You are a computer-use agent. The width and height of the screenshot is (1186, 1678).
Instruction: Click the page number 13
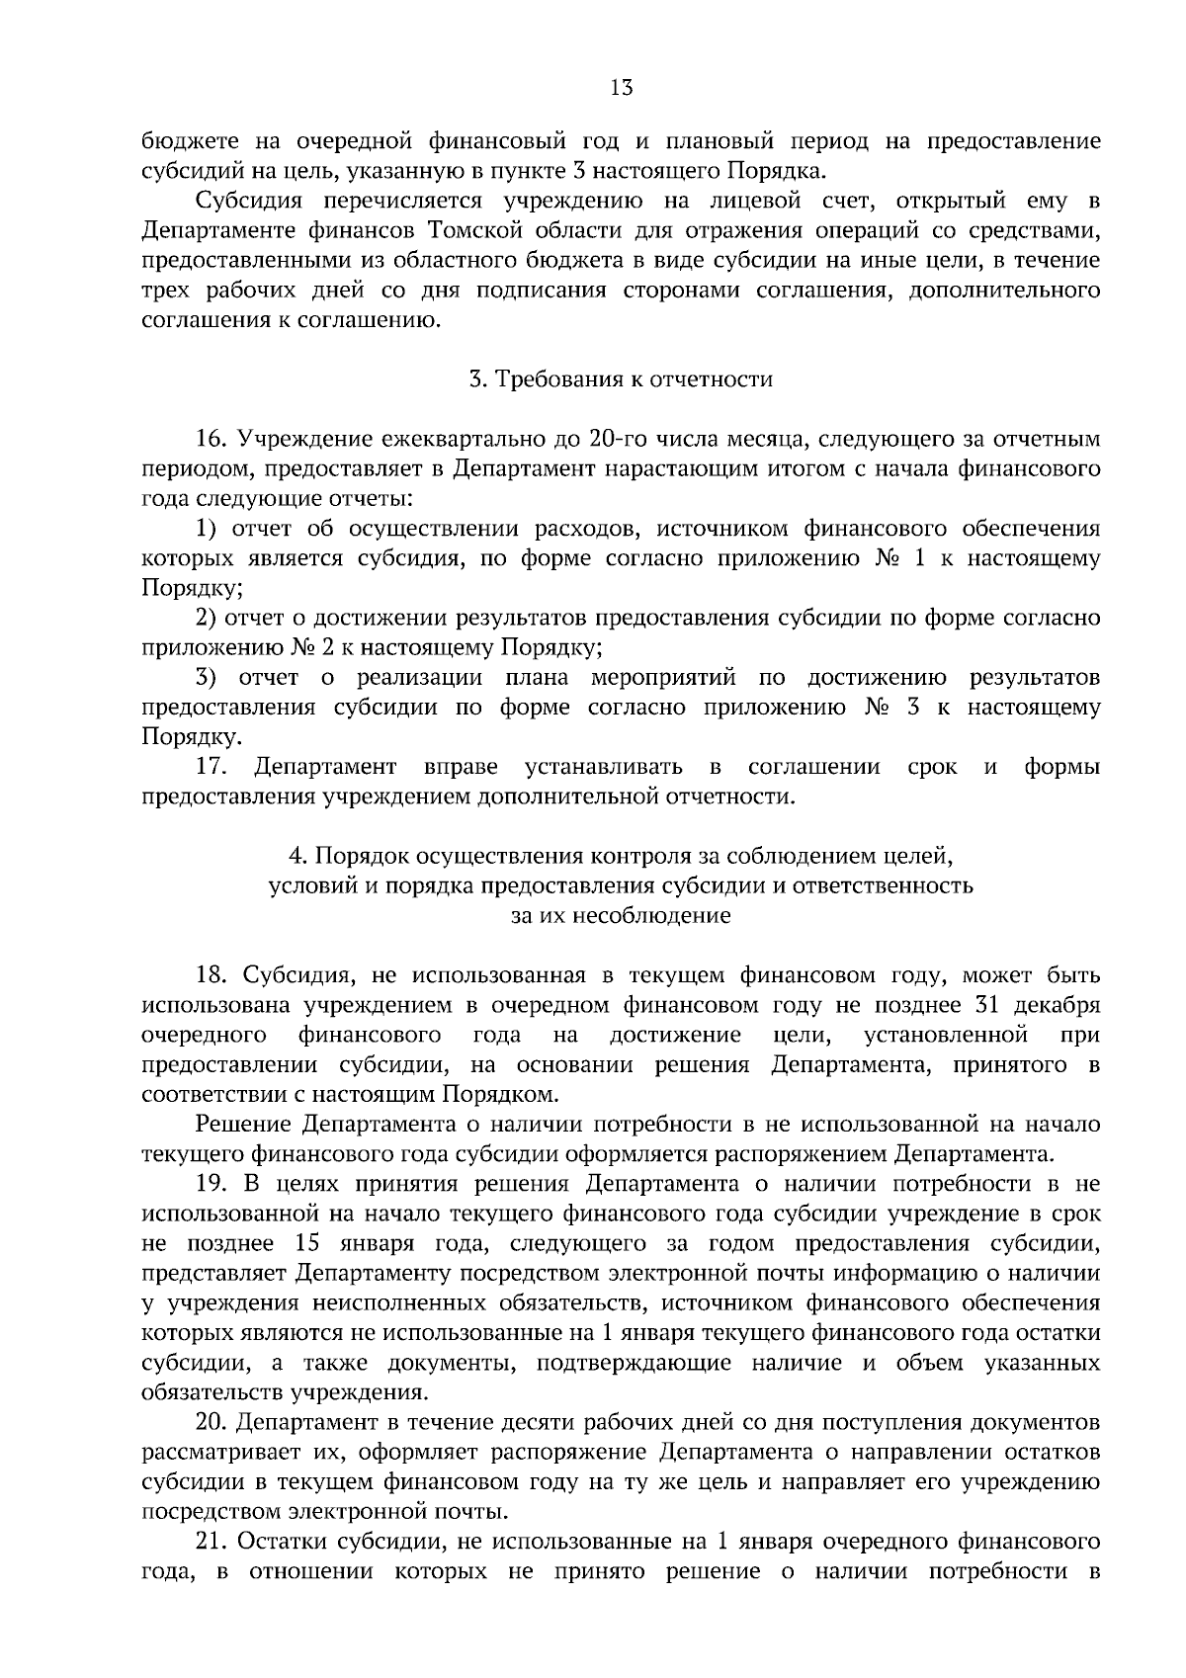pos(621,88)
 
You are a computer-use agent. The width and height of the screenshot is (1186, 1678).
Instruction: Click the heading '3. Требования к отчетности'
pos(621,379)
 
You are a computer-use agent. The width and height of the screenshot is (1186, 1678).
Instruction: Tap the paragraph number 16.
pos(212,439)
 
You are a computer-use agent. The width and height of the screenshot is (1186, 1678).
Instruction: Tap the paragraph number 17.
pos(213,767)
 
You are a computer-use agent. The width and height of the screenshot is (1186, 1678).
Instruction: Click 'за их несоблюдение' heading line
pos(621,916)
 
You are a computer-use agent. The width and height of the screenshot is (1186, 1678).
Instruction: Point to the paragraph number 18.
pos(212,976)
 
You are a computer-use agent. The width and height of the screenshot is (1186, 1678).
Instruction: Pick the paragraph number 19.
pos(212,1185)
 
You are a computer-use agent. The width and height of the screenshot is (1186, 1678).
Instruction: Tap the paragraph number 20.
pos(212,1423)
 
